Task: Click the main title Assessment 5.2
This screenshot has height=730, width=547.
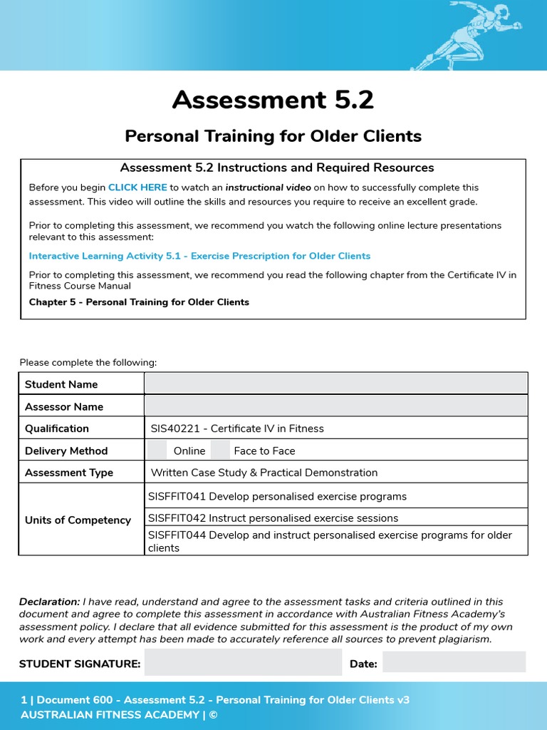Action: coord(273,100)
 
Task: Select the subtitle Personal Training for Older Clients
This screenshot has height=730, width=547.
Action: coord(273,135)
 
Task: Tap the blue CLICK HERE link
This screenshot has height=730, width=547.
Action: coord(137,187)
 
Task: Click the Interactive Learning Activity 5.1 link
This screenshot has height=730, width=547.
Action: coord(199,256)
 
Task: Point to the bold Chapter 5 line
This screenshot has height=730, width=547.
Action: coord(139,302)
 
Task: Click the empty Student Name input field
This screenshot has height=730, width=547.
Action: coord(335,384)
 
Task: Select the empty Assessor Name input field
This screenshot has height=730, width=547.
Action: coord(335,406)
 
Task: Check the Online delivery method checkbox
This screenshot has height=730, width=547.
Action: coord(157,450)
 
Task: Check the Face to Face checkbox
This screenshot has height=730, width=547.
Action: coord(221,450)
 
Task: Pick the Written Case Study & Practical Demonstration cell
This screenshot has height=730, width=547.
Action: coord(264,473)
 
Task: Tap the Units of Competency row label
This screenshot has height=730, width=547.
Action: coord(78,520)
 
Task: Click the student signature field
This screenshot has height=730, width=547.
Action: coord(243,663)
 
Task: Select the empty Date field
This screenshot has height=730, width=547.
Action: coord(454,662)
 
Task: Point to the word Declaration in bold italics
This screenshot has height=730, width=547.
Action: coord(49,602)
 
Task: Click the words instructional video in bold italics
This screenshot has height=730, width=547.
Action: coord(268,187)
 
